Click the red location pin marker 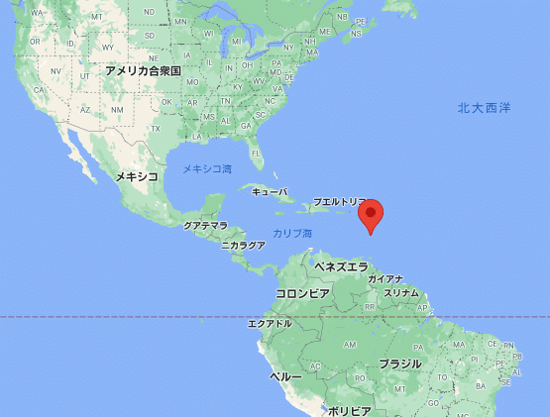point(371,215)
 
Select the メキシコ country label point(137,175)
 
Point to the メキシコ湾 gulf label point(207,169)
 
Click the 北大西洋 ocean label point(485,107)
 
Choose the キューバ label point(270,191)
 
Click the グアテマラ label point(205,226)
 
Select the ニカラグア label point(243,244)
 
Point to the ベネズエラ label point(340,266)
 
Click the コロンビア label point(302,293)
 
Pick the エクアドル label point(270,323)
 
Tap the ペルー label point(285,377)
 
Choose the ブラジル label point(399,364)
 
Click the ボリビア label point(349,410)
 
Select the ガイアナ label point(385,279)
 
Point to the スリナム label point(401,293)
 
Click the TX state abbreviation point(155,130)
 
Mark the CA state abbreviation point(38,88)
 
